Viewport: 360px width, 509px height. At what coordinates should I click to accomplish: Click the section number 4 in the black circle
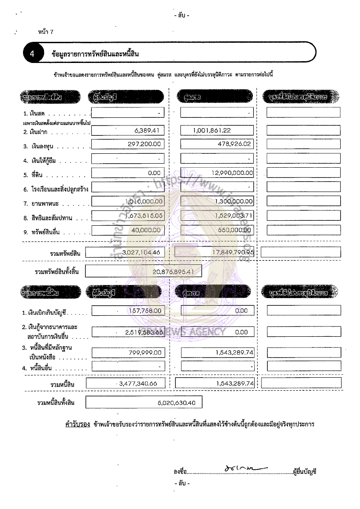32,54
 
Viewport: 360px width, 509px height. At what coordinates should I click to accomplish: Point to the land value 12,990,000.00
230,173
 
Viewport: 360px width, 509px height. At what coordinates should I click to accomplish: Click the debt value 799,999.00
145,353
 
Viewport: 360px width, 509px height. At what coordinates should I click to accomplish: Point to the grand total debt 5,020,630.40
176,403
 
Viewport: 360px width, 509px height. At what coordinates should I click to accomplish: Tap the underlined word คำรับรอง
78,424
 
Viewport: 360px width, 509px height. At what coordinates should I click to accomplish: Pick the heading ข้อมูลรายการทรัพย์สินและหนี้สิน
95,54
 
